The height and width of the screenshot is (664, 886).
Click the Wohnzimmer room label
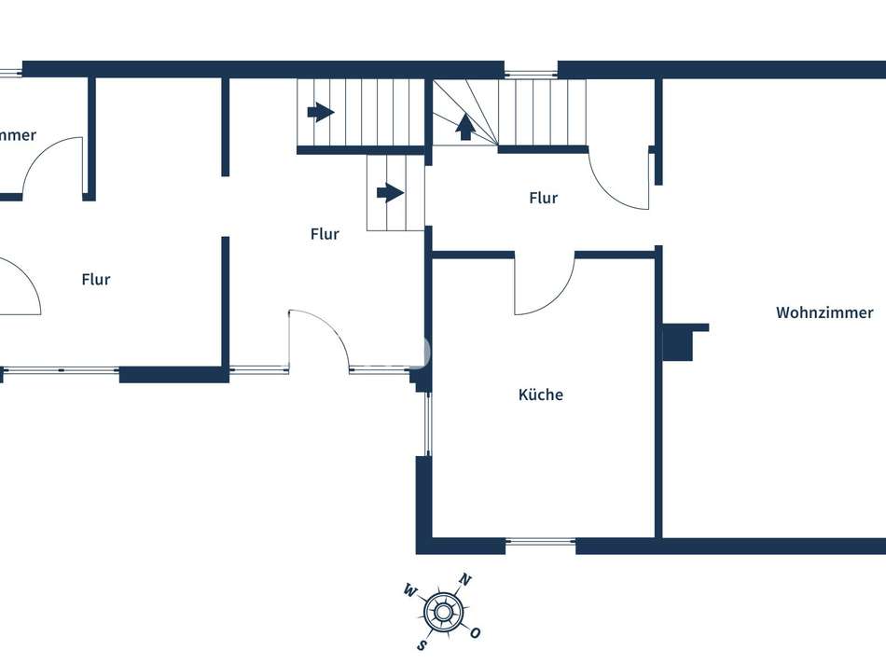[824, 313]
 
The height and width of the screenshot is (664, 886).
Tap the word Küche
[541, 395]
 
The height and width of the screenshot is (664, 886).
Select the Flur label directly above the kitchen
[543, 198]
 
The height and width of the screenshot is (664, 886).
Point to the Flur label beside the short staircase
[325, 234]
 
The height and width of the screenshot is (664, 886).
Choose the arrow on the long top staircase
[320, 113]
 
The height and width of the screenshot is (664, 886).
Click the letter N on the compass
[465, 581]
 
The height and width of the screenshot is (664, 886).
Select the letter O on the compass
[475, 633]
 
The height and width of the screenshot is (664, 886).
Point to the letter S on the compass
[422, 643]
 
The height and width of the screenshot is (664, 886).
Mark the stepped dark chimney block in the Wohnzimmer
[681, 341]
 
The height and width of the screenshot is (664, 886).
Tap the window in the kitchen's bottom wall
[541, 541]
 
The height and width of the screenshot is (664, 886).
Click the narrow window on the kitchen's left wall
[428, 423]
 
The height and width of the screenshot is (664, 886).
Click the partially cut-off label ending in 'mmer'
[18, 135]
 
